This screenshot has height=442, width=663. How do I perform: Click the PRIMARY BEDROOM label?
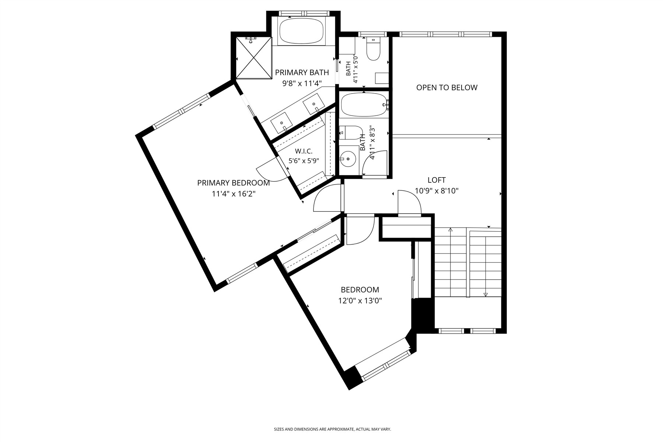tap(234, 183)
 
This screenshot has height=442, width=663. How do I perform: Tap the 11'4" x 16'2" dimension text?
tap(234, 194)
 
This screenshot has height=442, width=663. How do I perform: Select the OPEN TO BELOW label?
tap(447, 87)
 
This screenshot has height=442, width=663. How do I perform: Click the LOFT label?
tap(436, 180)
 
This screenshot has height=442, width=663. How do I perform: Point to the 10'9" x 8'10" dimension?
tap(436, 191)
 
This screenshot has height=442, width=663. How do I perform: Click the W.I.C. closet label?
tap(304, 151)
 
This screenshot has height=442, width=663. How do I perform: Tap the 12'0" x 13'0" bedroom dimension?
tap(360, 301)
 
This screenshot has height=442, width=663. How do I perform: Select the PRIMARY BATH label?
tap(302, 73)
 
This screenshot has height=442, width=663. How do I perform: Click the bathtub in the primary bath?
tap(302, 31)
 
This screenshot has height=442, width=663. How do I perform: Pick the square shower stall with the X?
tap(253, 58)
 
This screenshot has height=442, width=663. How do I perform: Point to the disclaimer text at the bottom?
tap(332, 429)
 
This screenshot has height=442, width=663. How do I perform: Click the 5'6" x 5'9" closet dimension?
tap(304, 161)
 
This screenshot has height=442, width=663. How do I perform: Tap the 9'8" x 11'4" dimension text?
tap(302, 83)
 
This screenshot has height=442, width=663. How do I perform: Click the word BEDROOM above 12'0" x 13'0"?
tap(360, 290)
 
